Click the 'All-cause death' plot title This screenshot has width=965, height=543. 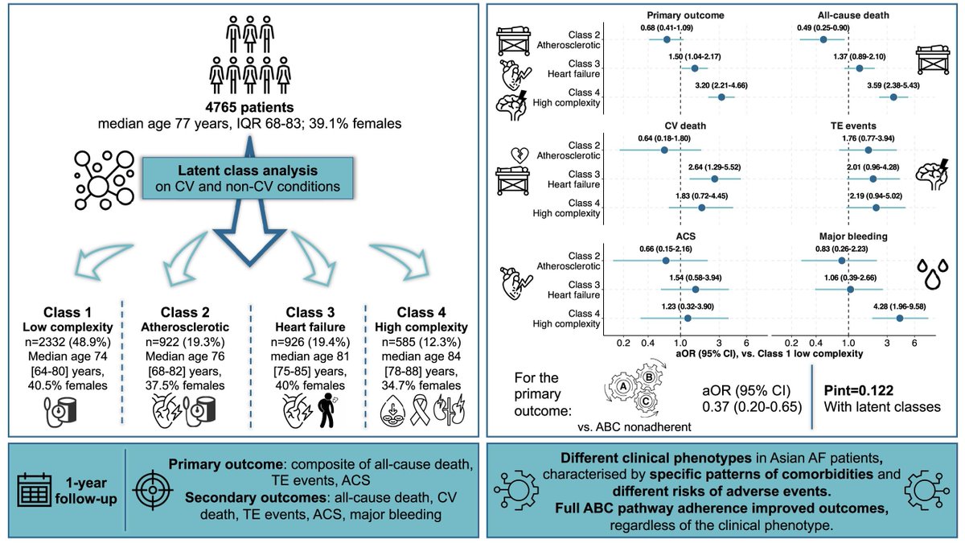(x=848, y=14)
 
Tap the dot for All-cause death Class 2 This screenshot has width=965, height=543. (x=823, y=39)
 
